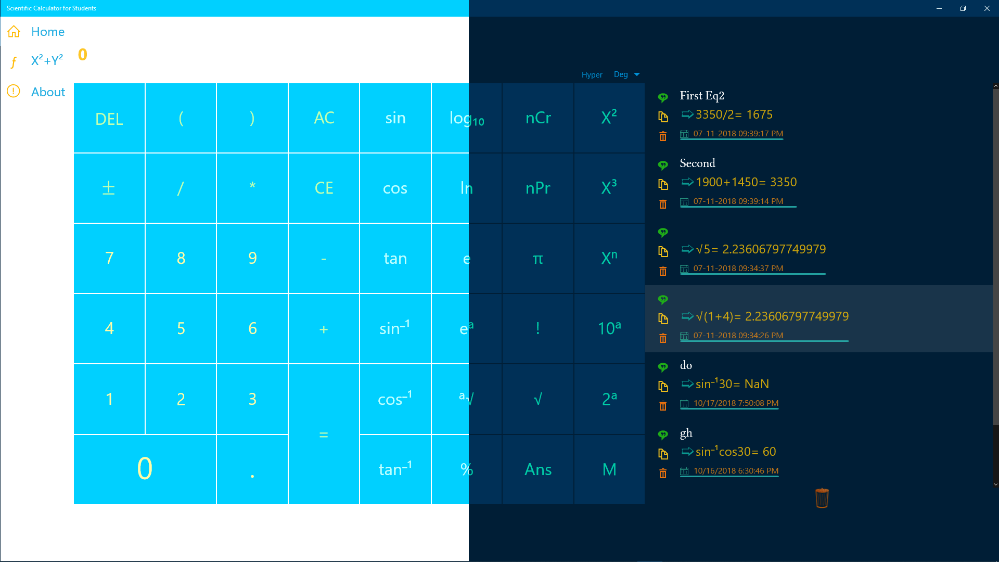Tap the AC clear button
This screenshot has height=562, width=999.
324,118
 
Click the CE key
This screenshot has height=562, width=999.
324,188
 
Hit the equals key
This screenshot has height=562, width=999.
324,434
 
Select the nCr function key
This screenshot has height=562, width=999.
538,118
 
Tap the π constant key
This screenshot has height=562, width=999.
538,259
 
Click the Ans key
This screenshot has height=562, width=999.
538,469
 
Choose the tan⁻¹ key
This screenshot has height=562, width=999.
395,469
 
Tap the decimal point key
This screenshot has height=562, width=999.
252,469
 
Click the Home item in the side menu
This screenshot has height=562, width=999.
47,32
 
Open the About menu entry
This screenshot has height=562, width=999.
48,92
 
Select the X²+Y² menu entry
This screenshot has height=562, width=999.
47,61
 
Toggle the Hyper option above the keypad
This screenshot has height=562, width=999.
592,75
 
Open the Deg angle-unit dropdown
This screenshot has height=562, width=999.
626,74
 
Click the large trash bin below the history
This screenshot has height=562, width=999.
822,498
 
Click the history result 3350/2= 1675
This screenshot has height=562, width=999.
734,114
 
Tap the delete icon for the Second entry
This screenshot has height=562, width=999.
663,204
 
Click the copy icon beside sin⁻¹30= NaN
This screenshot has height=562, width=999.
663,386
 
